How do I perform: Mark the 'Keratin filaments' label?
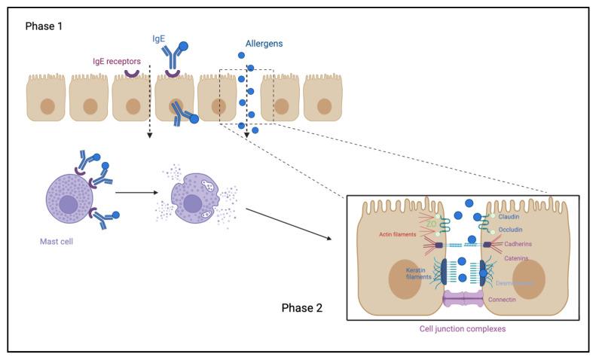click(420, 272)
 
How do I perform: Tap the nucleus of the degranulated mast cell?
click(192, 205)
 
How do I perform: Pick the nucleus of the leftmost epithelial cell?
click(47, 105)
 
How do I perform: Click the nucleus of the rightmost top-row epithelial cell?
click(322, 105)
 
